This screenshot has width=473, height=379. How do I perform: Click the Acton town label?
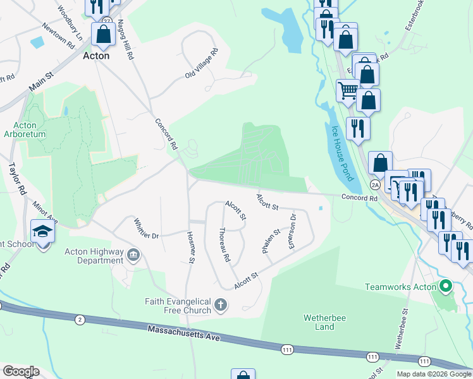96,56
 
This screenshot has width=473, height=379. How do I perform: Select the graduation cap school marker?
43,232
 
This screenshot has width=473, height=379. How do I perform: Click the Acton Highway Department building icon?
134,255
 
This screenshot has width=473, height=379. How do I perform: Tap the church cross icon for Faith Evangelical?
221,306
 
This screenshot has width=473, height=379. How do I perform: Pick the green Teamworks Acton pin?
446,287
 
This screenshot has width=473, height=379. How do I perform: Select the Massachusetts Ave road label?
183,333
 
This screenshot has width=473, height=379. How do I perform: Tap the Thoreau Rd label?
224,245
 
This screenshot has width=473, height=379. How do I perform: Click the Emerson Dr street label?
292,231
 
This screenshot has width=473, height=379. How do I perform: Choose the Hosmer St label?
191,247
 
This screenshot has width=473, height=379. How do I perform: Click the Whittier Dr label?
146,229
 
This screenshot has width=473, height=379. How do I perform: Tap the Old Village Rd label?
201,64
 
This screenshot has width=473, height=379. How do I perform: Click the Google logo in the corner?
21,371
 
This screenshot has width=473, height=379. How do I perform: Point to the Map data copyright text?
434,374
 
